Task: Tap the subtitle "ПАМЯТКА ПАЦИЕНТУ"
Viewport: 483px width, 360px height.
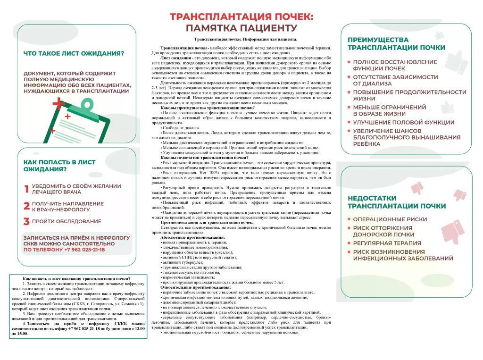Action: tap(241, 28)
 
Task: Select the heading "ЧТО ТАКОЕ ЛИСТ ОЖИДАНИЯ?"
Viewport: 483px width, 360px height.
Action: tap(74, 53)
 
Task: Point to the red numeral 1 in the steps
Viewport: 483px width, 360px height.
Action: tap(26, 189)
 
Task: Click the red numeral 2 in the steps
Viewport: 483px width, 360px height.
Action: tap(27, 206)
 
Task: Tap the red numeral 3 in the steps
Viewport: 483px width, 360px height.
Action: tap(27, 221)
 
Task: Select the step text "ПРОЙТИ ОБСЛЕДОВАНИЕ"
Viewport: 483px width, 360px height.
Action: tap(67, 221)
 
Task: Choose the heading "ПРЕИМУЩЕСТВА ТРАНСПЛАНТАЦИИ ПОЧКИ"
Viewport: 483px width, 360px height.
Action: tap(396, 44)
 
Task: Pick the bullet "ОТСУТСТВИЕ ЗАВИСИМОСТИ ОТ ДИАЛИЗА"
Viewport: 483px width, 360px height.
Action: tap(395, 80)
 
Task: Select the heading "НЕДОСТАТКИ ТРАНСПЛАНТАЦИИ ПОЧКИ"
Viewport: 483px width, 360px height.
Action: tap(396, 202)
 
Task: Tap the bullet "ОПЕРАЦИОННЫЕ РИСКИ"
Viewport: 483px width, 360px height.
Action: tap(390, 219)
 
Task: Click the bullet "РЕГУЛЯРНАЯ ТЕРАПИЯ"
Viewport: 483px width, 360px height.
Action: tap(387, 243)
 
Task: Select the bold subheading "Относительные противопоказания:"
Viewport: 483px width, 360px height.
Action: tap(195, 287)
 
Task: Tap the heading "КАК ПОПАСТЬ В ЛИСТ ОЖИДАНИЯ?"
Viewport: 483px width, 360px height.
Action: tap(59, 165)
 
